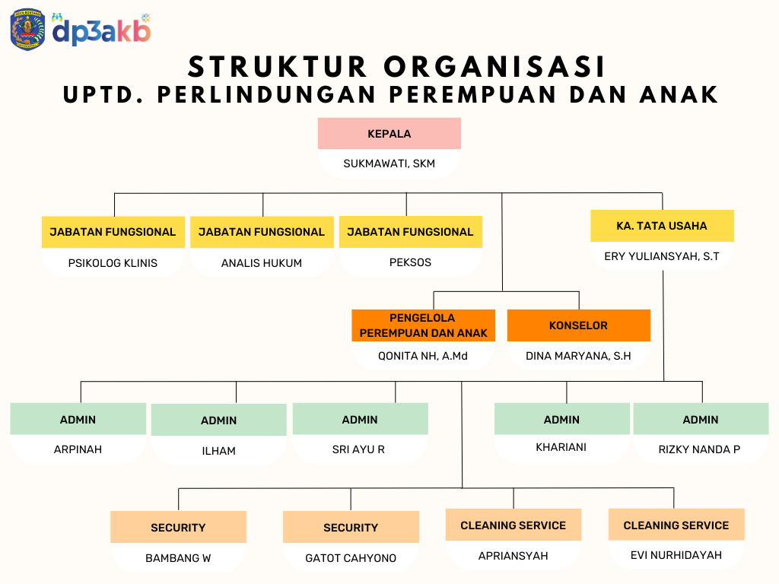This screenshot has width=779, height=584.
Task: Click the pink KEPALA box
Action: (x=389, y=134)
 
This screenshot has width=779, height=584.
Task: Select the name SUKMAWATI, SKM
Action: (x=389, y=163)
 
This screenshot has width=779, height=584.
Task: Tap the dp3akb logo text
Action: (x=101, y=30)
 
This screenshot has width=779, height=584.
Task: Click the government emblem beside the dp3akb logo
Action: (x=28, y=30)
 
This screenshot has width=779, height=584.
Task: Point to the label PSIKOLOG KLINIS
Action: (x=113, y=263)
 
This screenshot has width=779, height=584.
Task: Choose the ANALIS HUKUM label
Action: (x=262, y=263)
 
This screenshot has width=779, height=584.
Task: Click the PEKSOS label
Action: (x=410, y=262)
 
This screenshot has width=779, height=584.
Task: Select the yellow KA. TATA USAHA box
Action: (x=662, y=226)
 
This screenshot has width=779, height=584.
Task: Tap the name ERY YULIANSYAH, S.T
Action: (x=662, y=256)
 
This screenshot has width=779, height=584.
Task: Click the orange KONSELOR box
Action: (x=579, y=325)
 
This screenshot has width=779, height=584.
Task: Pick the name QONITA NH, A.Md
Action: (x=423, y=356)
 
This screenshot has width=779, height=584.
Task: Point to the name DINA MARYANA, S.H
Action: (x=578, y=356)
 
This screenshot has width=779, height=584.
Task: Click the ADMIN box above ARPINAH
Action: (x=78, y=419)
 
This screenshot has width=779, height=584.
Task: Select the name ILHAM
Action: (x=218, y=451)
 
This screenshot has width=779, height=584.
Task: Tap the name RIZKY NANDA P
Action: (x=700, y=449)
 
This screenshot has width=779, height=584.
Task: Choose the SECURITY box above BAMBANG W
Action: (x=178, y=527)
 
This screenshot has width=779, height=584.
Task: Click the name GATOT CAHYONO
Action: (x=351, y=558)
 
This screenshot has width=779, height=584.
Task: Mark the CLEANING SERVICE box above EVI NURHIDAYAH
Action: (x=676, y=525)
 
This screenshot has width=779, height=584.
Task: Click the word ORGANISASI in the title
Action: (x=494, y=67)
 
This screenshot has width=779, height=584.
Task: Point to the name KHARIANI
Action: (x=561, y=447)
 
